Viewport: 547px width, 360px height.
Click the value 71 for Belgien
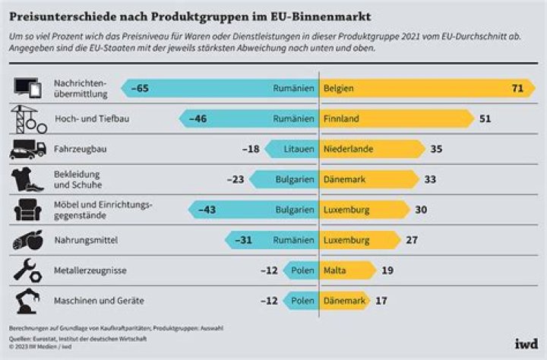coord(517,88)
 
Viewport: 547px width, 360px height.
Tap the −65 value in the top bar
coord(140,88)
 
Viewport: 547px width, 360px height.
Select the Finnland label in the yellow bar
coord(341,118)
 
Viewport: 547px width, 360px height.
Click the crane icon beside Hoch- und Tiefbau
coord(29,119)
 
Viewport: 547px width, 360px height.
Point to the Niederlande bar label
coord(348,149)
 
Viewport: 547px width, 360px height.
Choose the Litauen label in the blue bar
coord(299,149)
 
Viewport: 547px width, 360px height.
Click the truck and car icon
coord(28,150)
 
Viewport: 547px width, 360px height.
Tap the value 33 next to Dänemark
coord(430,179)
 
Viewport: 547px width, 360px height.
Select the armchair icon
coord(28,210)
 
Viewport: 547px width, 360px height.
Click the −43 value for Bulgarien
coord(207,210)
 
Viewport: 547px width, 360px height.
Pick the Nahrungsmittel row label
coord(86,240)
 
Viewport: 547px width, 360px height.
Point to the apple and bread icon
coord(28,240)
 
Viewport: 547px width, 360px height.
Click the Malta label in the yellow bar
coord(334,270)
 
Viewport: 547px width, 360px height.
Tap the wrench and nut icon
coord(28,270)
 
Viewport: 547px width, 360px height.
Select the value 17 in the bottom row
coord(381,301)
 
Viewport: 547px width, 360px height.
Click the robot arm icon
coord(28,301)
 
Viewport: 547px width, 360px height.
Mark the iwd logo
coord(526,344)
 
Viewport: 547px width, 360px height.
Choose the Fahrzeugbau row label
coord(81,149)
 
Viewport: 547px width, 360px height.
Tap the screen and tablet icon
coord(28,88)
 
